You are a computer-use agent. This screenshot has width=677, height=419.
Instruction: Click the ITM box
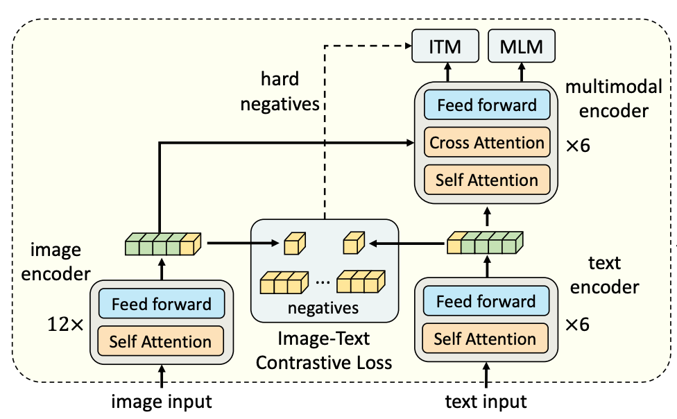pyautogui.click(x=445, y=46)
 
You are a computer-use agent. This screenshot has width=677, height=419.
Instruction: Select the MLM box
pyautogui.click(x=521, y=46)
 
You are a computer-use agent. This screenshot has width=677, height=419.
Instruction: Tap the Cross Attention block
pyautogui.click(x=487, y=142)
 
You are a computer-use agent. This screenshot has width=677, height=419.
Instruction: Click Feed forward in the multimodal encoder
pyautogui.click(x=487, y=105)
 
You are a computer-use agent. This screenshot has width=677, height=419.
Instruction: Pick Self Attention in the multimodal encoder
pyautogui.click(x=487, y=180)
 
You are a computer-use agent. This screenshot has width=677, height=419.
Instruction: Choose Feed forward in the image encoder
pyautogui.click(x=162, y=304)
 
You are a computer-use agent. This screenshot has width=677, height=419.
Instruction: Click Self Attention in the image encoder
pyautogui.click(x=161, y=341)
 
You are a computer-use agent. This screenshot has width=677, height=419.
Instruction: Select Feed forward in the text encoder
pyautogui.click(x=486, y=301)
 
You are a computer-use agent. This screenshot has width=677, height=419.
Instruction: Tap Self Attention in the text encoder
pyautogui.click(x=485, y=339)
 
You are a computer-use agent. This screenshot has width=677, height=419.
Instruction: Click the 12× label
pyautogui.click(x=65, y=325)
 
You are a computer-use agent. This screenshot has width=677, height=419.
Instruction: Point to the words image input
pyautogui.click(x=162, y=402)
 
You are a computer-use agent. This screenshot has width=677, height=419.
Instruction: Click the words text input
pyautogui.click(x=486, y=402)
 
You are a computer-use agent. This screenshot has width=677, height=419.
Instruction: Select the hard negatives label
pyautogui.click(x=280, y=91)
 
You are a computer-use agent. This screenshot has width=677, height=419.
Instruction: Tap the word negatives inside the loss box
pyautogui.click(x=323, y=308)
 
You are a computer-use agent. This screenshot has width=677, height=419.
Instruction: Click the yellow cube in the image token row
pyautogui.click(x=190, y=244)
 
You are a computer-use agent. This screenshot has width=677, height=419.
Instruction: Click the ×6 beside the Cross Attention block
pyautogui.click(x=578, y=146)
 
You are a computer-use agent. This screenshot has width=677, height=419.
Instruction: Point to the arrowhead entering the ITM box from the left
pyautogui.click(x=408, y=45)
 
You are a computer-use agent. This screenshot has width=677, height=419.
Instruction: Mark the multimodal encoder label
pyautogui.click(x=613, y=99)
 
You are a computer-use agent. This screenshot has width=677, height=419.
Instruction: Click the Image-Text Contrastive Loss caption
pyautogui.click(x=324, y=350)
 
